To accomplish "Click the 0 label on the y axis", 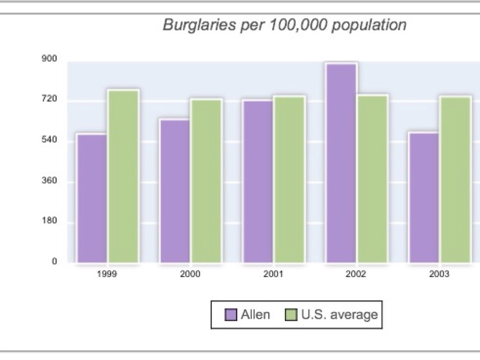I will point(54,262).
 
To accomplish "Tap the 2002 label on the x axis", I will point(356,275).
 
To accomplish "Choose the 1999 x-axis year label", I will point(107,275).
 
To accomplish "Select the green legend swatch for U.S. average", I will point(292,315).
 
